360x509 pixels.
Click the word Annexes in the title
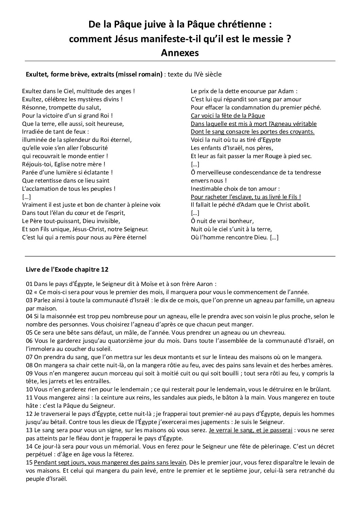tap(180, 53)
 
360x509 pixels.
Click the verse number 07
tap(29, 357)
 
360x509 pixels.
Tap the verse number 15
tap(29, 462)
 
